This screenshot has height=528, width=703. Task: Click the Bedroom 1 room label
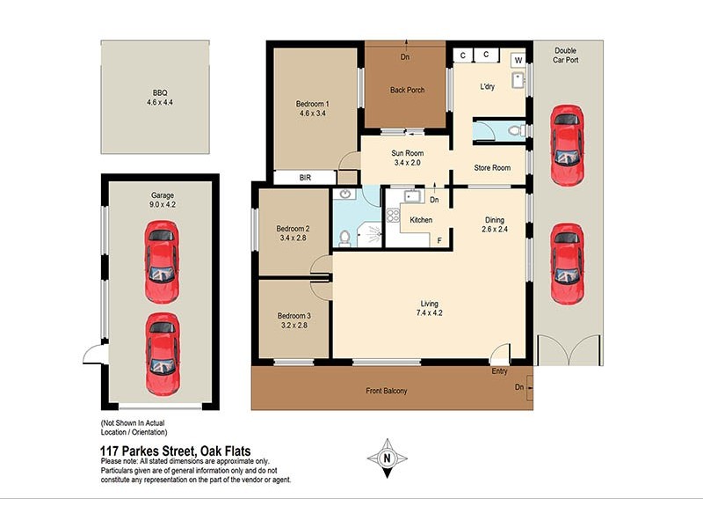pos(314,103)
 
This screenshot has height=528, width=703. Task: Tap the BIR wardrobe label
pos(305,178)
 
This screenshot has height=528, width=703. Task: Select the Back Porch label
pos(407,90)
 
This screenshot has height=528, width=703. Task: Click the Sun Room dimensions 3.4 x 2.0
pos(407,163)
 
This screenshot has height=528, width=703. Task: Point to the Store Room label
pos(492,167)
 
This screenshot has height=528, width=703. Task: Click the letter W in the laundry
pos(518,60)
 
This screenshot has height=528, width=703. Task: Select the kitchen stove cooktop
pos(393,216)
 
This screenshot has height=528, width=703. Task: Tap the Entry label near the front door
pos(500,372)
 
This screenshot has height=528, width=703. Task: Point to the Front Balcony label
pos(387,391)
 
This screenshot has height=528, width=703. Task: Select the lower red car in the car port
pos(566,263)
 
